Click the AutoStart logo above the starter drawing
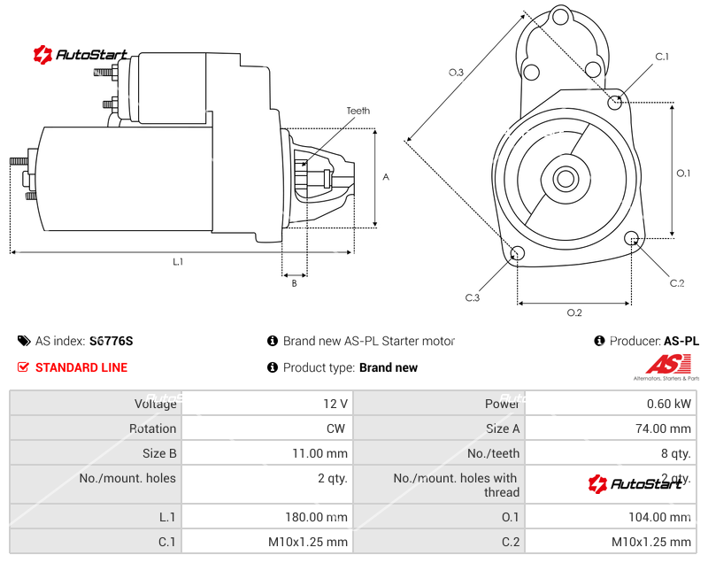pos(81,55)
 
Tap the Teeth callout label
pos(358,112)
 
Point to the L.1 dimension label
pos(178,261)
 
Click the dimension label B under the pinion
pos(294,283)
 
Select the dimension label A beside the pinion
pos(386,177)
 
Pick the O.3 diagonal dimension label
pos(456,73)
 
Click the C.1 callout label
pos(661,57)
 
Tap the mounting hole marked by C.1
pos(616,103)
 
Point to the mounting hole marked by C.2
pos(632,239)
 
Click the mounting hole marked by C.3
pos(518,255)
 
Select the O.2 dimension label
pos(573,312)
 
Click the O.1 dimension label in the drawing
pos(683,174)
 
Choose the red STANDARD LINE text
pos(81,367)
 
